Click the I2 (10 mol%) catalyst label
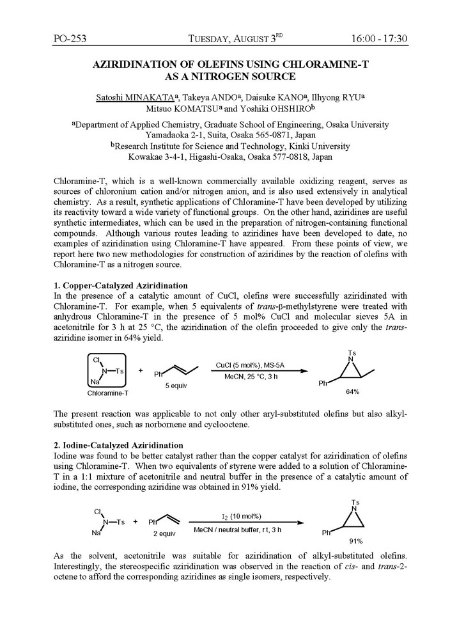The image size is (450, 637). [x=237, y=515]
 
